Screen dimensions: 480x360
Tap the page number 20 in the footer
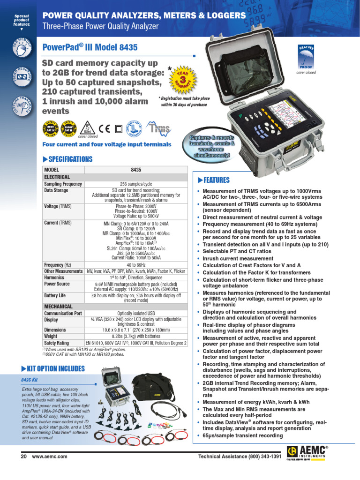point(24,456)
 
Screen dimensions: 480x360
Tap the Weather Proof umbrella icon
point(307,57)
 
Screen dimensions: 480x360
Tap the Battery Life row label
point(58,296)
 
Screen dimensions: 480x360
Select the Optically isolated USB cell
point(136,313)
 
